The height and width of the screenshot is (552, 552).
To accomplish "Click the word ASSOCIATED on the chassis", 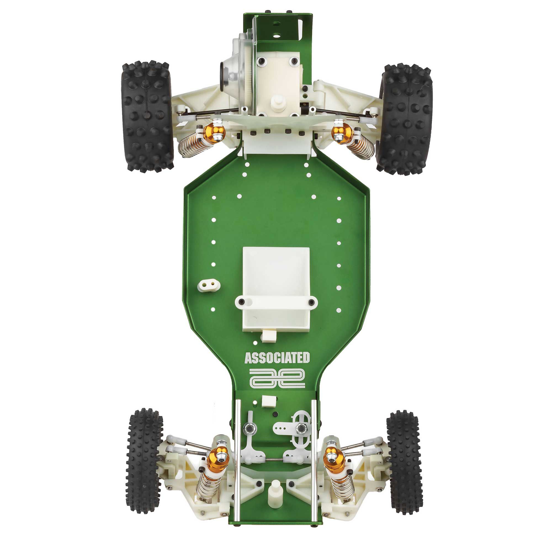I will (277, 358).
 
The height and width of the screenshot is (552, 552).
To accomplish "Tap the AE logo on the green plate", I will (277, 378).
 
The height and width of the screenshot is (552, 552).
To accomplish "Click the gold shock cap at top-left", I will (214, 132).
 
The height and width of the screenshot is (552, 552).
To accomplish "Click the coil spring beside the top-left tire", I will (187, 144).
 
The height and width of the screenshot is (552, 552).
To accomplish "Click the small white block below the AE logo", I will (269, 401).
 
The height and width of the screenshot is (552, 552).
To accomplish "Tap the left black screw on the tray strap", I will (243, 301).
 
